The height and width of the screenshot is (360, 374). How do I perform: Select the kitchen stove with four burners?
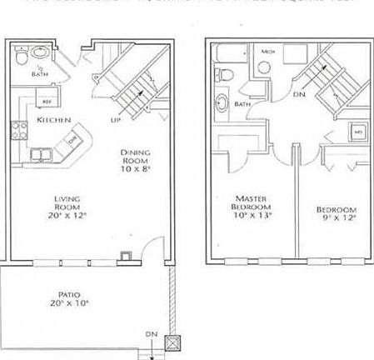[18, 129]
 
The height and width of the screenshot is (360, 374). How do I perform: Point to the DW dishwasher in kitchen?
[72, 141]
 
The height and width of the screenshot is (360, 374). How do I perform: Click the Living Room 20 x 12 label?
[59, 205]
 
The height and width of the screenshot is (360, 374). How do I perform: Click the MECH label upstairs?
[268, 52]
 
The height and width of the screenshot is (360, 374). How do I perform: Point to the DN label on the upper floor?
[298, 94]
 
